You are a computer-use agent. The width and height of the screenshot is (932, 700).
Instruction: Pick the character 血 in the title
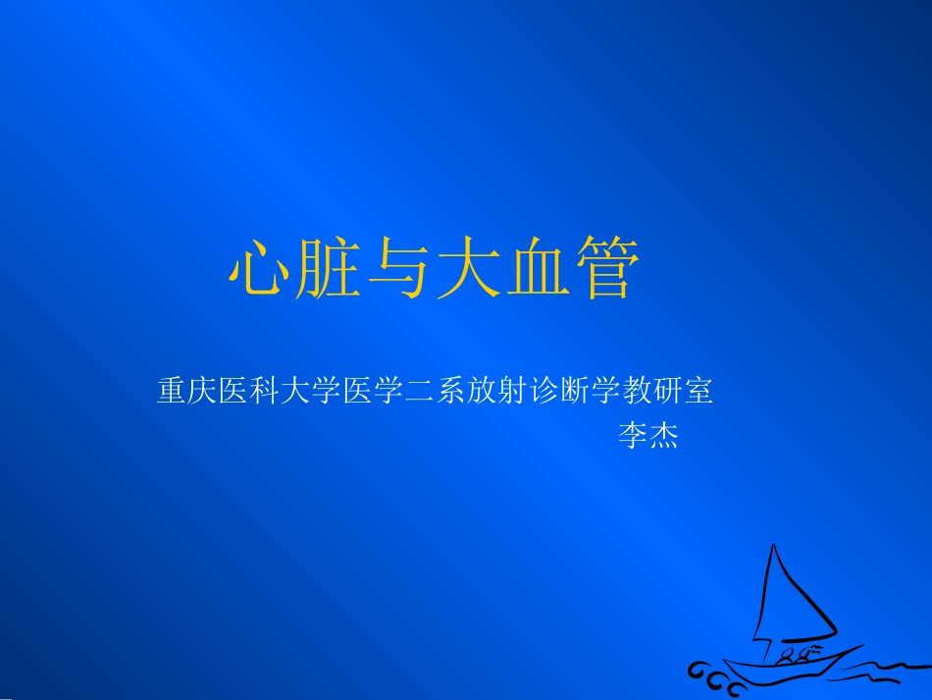coord(537,269)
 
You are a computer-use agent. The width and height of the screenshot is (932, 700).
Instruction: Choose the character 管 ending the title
coord(605,269)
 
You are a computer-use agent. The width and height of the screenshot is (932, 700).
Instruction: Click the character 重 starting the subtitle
coord(172,392)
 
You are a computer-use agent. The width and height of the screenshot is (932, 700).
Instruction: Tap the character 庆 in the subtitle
coord(203,392)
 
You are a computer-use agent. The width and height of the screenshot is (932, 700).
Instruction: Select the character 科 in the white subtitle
coord(266,392)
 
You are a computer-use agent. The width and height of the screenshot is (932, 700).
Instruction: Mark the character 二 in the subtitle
coord(423,392)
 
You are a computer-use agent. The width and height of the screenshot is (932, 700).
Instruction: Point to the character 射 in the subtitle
coord(517,392)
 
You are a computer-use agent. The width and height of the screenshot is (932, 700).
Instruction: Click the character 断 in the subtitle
coord(580,392)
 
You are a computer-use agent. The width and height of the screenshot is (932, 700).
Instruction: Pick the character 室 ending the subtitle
coord(698,392)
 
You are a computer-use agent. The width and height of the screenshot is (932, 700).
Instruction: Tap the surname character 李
coord(632,435)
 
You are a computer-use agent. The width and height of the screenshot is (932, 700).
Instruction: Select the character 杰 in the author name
coord(663,435)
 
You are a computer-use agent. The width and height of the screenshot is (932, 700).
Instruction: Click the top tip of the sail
coord(774,546)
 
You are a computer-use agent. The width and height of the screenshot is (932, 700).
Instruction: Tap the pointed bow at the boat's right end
coord(858,647)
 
